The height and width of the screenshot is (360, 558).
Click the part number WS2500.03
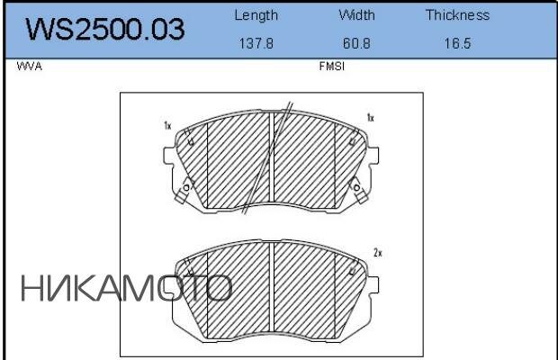105,29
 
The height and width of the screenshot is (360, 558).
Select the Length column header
256,15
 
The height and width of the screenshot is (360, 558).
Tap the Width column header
356,15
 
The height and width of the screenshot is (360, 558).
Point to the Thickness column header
457,15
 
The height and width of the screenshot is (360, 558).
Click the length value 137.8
256,43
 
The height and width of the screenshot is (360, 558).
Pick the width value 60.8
356,43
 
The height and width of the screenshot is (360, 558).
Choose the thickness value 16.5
457,43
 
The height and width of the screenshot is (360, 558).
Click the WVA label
29,67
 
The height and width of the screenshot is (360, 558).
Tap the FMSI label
332,67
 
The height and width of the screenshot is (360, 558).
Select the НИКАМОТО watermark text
127,288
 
